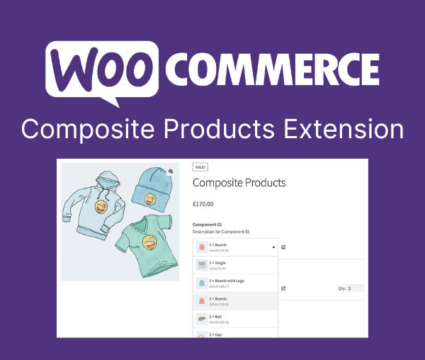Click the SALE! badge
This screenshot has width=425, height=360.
[200, 167]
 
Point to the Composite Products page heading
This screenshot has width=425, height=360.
[239, 183]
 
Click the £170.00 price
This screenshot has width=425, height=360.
[203, 204]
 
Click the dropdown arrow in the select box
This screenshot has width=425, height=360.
[273, 247]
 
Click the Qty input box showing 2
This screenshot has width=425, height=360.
[354, 288]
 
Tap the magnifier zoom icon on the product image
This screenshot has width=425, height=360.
[171, 171]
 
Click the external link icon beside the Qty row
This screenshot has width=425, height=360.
[283, 288]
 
